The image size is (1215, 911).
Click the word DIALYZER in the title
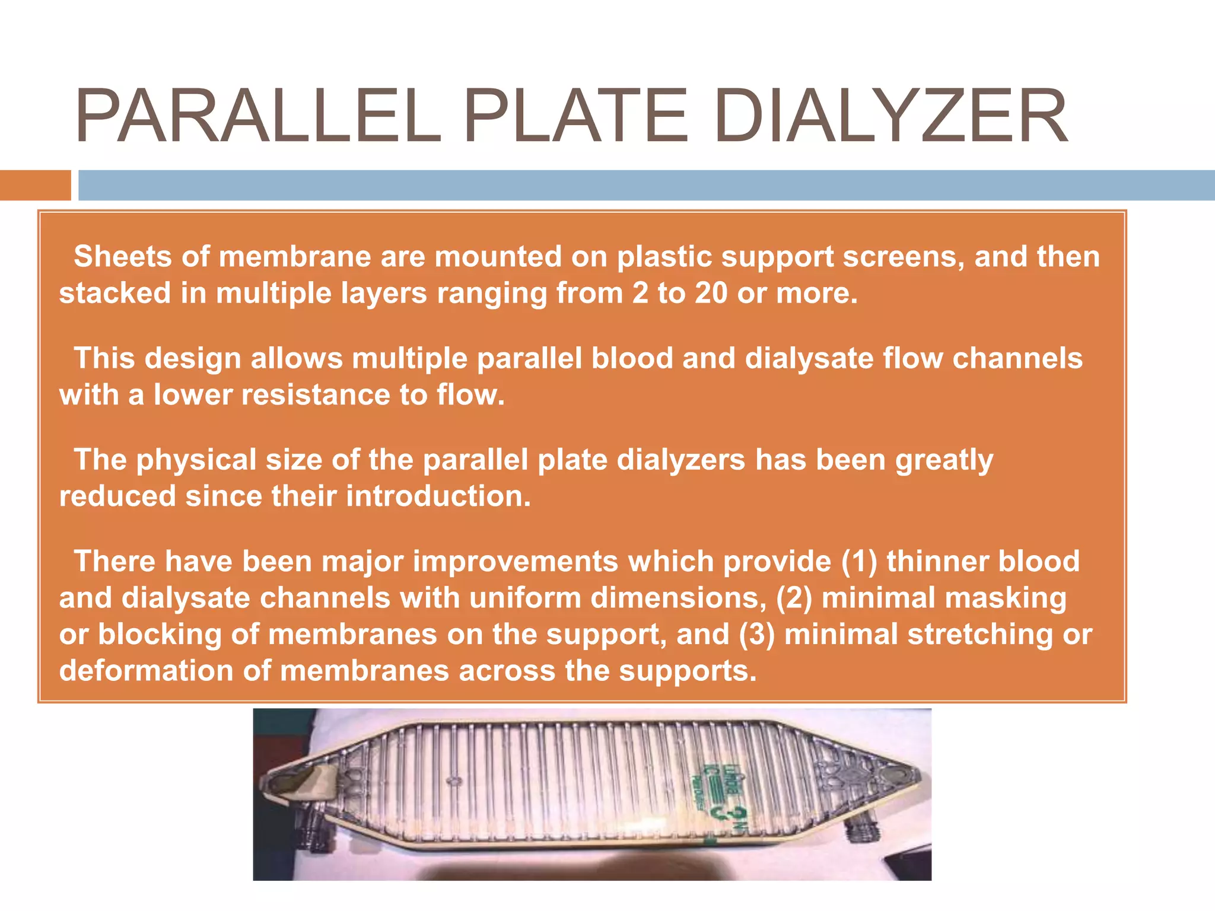890,116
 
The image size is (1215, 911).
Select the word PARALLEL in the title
258,116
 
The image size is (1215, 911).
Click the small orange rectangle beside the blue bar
35,185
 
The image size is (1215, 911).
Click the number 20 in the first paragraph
711,293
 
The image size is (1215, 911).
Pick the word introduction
438,496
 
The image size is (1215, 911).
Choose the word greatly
944,460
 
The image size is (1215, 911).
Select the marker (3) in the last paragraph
756,635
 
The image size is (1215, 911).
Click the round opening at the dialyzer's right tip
890,775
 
